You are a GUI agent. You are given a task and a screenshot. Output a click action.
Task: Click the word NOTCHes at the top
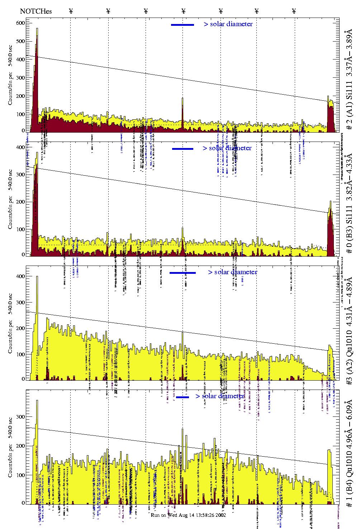[x=36, y=11]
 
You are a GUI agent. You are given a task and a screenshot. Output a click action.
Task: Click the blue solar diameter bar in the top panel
[x=183, y=25]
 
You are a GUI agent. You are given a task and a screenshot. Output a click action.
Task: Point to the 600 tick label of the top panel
[x=20, y=23]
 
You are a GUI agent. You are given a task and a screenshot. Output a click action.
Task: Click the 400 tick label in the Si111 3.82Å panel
[x=20, y=147]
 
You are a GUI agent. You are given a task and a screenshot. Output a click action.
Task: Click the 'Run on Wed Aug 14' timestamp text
[x=188, y=515]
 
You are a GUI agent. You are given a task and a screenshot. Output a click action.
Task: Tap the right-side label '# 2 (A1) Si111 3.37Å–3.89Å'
[x=349, y=80]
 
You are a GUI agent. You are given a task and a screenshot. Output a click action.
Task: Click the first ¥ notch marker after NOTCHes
[x=71, y=11]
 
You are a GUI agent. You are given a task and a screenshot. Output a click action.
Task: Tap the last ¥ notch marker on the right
[x=294, y=11]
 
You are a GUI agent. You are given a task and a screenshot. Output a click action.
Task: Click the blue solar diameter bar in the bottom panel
[x=183, y=397]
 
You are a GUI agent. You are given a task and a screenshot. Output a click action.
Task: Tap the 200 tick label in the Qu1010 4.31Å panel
[x=20, y=328]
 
